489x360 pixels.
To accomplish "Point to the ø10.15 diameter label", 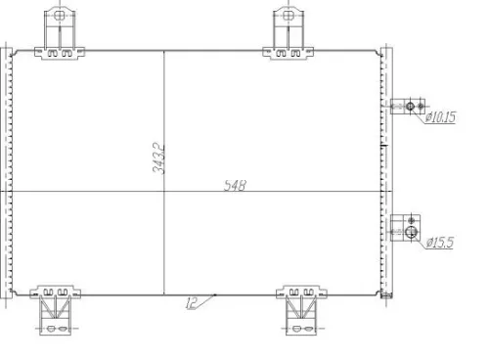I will tap(441, 118).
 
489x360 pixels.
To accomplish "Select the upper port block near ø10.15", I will tap(406, 107).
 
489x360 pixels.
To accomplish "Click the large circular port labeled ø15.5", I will tap(412, 234).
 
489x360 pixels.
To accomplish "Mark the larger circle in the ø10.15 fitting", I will tap(412, 107).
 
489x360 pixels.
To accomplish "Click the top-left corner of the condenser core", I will tap(12, 50).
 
